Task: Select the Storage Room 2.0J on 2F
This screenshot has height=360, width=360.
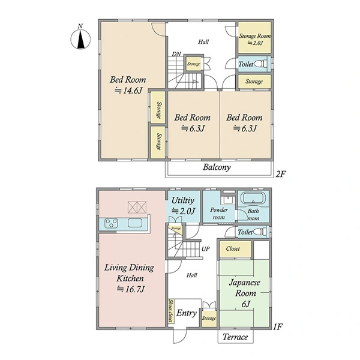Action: (254, 38)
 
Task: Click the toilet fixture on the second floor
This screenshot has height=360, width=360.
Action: (261, 64)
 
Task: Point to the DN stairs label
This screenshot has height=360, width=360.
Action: (176, 54)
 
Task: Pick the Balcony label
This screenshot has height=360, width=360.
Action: (217, 167)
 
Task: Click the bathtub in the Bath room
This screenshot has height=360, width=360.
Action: (253, 198)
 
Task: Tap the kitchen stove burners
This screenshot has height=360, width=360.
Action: (111, 223)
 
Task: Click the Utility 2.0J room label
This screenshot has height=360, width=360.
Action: (183, 206)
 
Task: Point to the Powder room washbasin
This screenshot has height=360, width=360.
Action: (228, 199)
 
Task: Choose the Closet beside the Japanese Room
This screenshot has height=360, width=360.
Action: (235, 249)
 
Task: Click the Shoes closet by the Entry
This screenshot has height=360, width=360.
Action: (171, 311)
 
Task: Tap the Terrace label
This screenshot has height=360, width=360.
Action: (235, 337)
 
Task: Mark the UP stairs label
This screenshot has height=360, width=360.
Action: (205, 249)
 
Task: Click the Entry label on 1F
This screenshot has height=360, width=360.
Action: (187, 313)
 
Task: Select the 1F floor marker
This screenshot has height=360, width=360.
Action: (278, 326)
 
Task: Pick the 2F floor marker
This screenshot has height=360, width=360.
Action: (280, 174)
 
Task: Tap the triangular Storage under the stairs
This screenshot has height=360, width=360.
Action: (177, 229)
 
